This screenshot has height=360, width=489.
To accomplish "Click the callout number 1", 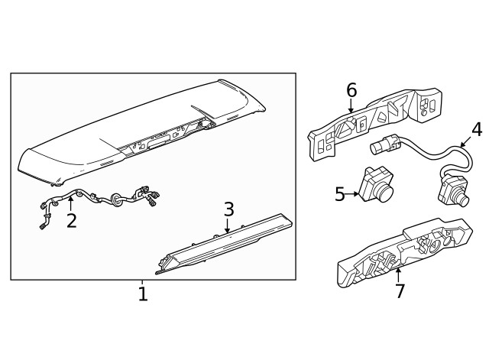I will coord(142,294).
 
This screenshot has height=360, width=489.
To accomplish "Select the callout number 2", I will coord(71,221).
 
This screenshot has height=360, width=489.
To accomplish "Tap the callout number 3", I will coord(228,209).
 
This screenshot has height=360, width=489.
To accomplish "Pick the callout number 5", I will coord(340,194).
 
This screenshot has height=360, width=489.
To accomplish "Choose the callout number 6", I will coord(351,90).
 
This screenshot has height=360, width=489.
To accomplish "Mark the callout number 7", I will coord(398,290).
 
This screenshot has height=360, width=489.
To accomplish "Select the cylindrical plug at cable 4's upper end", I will coord(383,145).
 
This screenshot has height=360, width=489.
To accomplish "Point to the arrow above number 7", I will coord(398,274).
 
